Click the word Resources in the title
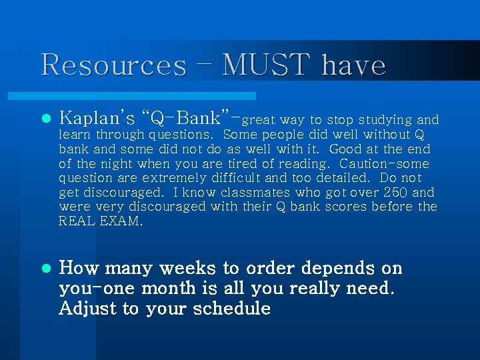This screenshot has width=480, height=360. click(x=113, y=65)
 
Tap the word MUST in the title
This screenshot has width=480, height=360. click(x=266, y=65)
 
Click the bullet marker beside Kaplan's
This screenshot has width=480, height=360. click(x=45, y=119)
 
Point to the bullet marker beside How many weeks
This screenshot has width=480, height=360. click(x=45, y=269)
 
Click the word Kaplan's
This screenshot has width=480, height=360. click(x=97, y=119)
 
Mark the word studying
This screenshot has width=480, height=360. click(x=385, y=121)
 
